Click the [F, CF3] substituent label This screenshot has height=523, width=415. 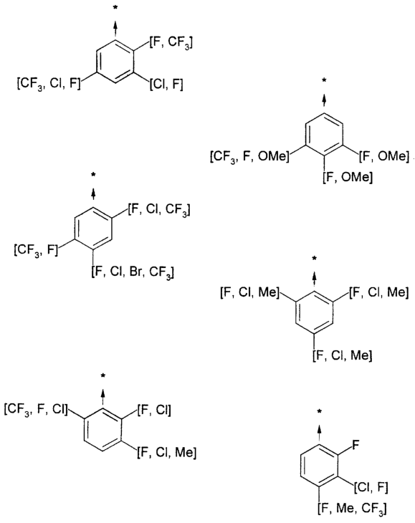(171, 42)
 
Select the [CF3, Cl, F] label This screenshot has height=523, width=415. (49, 84)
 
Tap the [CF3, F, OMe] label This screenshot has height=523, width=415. (250, 156)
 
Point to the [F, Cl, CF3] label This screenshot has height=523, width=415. (159, 210)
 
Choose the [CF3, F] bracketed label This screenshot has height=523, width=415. (36, 250)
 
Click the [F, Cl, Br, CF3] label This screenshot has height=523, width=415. (133, 272)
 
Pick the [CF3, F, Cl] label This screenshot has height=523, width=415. (36, 409)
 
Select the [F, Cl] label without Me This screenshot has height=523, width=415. (154, 410)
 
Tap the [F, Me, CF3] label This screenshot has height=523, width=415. (352, 509)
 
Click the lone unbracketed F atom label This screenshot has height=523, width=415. (356, 445)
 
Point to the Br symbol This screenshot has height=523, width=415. (136, 272)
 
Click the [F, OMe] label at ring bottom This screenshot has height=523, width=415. (348, 177)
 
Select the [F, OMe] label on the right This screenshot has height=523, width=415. (384, 156)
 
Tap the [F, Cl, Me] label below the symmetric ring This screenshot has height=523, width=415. (343, 355)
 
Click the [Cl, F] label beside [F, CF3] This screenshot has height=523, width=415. (166, 85)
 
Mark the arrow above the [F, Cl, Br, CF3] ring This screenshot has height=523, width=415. (93, 193)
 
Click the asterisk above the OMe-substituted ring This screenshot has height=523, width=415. (323, 80)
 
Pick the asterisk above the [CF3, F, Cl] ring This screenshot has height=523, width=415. (103, 375)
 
